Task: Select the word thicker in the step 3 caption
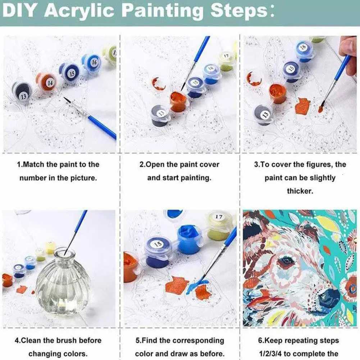coord(300,191)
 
